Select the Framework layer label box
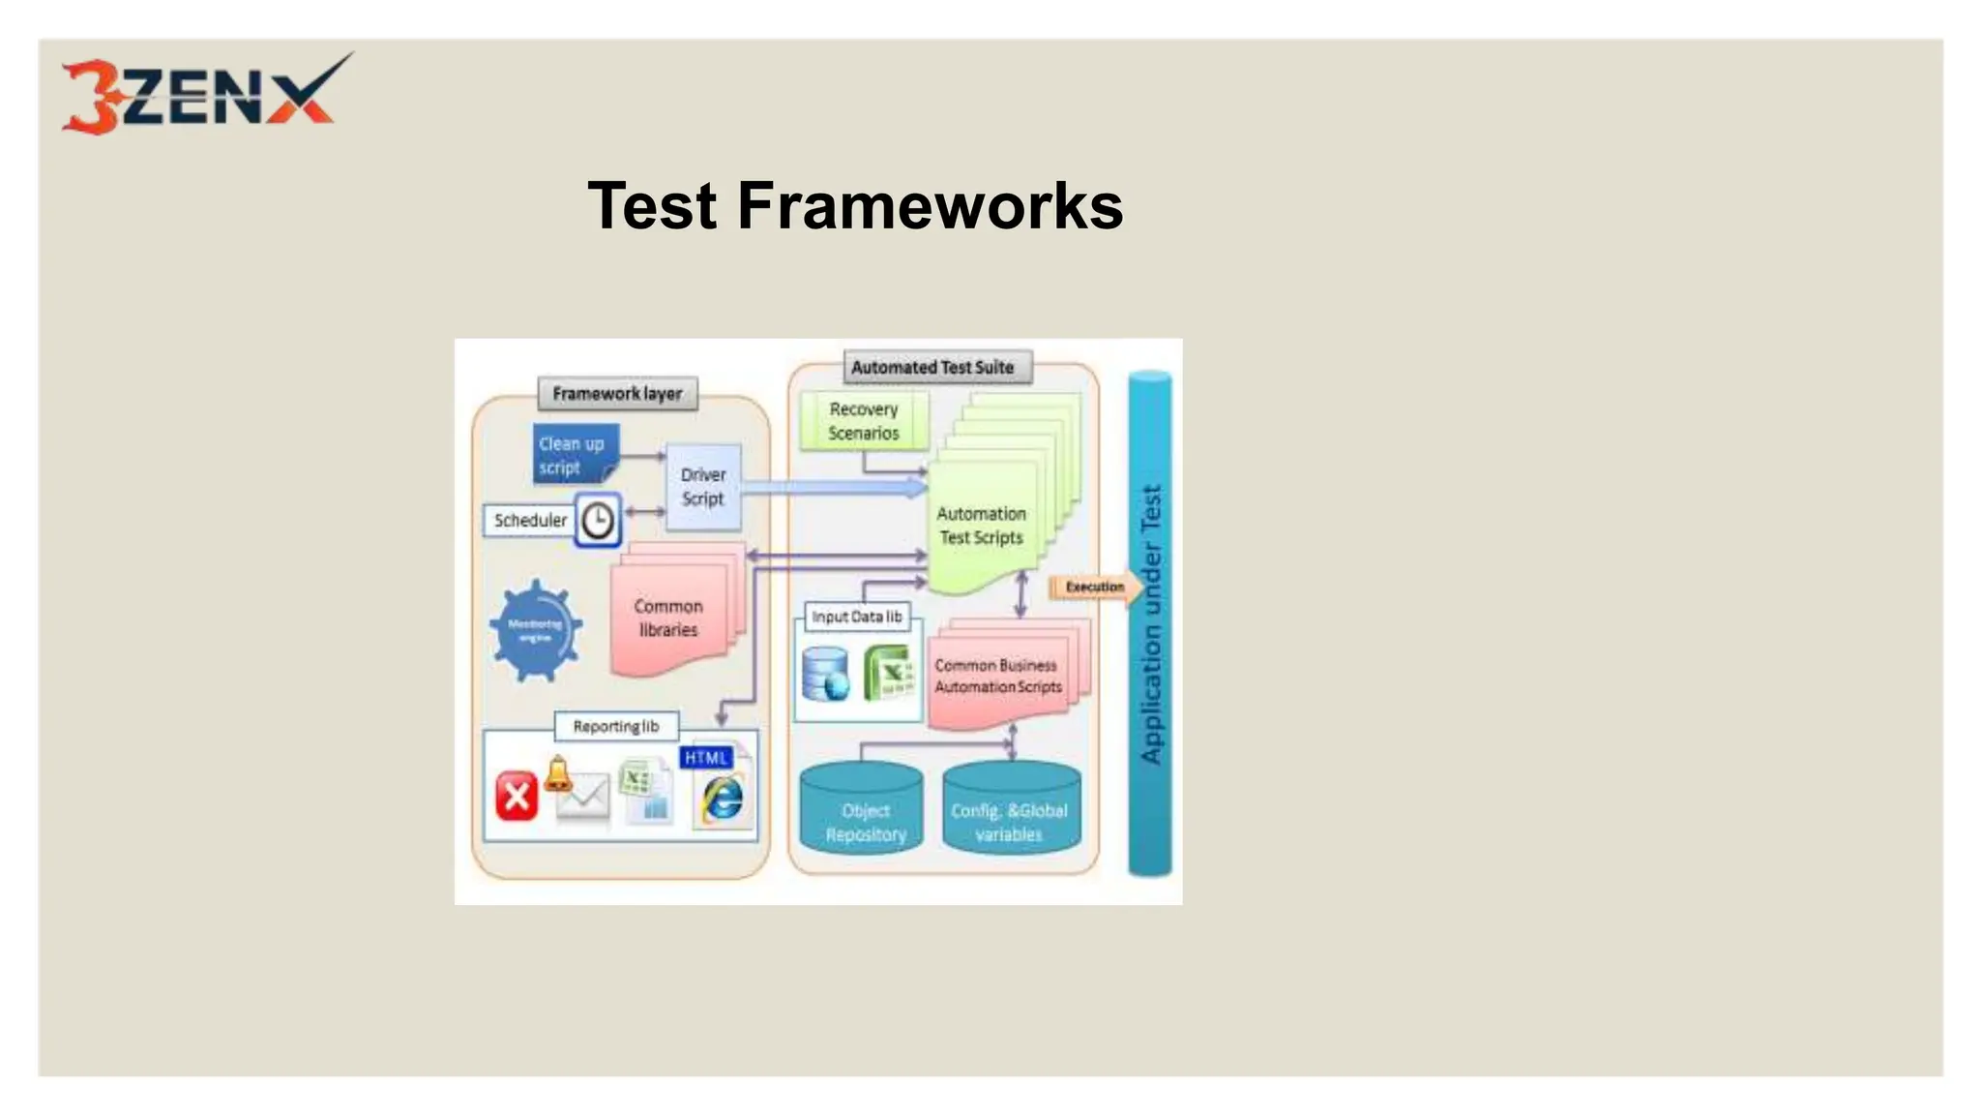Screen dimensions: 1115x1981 point(617,394)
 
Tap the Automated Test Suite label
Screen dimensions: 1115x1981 point(932,368)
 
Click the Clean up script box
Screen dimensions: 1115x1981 point(574,455)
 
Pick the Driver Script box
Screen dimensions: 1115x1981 point(703,487)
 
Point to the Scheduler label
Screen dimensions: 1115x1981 point(530,521)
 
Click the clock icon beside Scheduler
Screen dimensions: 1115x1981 point(598,521)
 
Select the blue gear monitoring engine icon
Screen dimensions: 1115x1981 point(535,630)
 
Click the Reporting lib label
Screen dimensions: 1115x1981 point(616,727)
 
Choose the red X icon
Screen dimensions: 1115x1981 point(517,796)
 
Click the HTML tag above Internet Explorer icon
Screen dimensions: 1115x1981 point(706,758)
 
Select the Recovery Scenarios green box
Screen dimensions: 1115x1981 point(864,421)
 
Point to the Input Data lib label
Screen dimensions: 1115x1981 point(857,617)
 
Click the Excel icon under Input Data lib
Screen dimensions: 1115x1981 point(889,672)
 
